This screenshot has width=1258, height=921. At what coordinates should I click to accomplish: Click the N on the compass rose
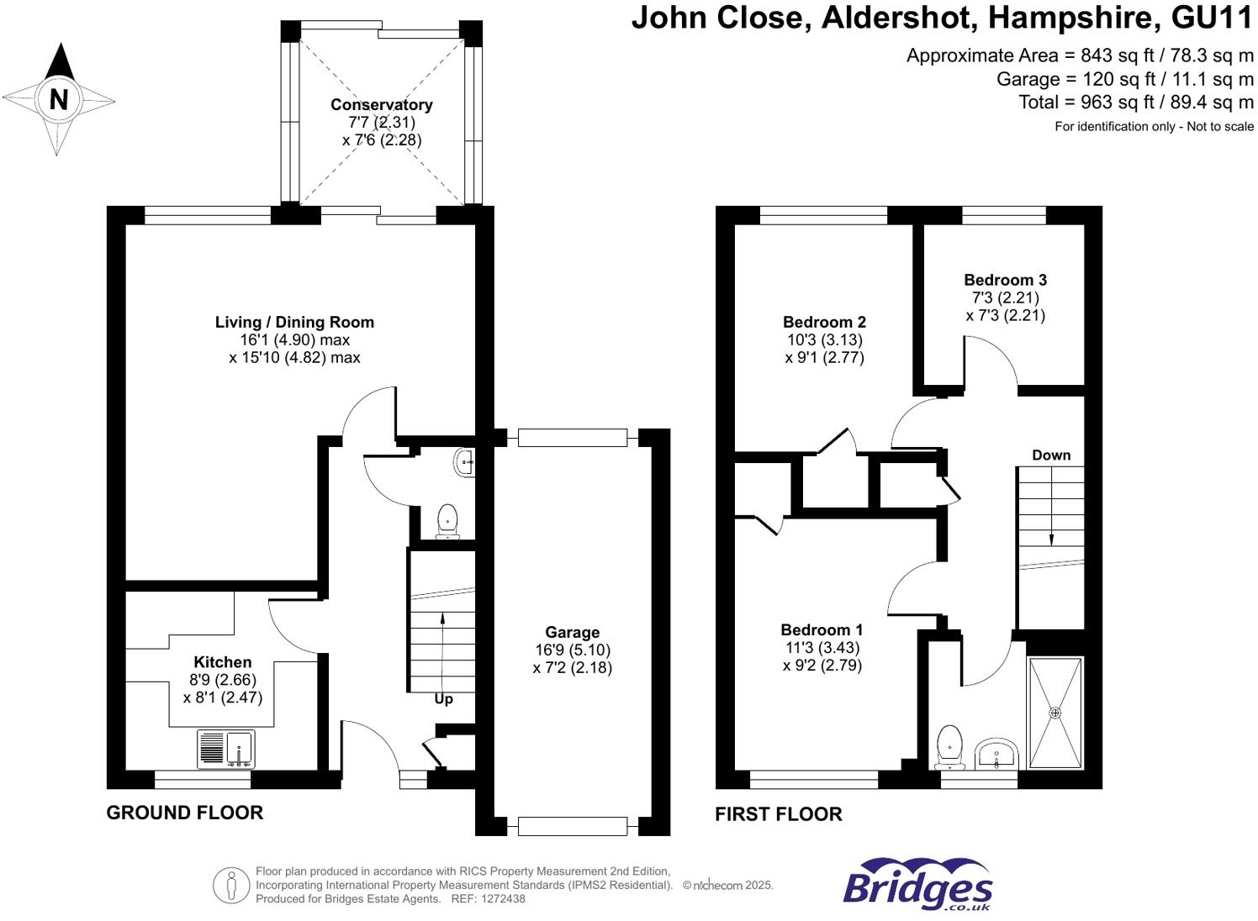[x=58, y=101]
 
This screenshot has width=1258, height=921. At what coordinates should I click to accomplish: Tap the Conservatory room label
[x=381, y=105]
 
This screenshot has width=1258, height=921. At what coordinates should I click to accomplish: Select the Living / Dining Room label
[x=294, y=322]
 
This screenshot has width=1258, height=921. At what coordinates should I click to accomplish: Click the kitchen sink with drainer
[x=225, y=750]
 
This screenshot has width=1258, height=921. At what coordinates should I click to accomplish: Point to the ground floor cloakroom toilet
[x=447, y=522]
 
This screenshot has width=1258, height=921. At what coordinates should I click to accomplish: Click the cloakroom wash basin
[x=465, y=463]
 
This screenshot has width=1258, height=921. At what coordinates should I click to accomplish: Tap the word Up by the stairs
[x=443, y=700]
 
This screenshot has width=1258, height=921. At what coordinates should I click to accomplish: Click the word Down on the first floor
[x=1051, y=455]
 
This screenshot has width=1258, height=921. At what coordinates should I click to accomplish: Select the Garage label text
[x=573, y=633]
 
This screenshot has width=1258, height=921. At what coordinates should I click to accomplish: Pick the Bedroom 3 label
[x=1005, y=280]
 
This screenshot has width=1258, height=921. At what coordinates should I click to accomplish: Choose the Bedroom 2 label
[x=824, y=322]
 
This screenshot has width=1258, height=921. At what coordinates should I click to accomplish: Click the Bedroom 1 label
[x=822, y=629]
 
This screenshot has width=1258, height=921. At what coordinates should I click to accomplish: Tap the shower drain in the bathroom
[x=1055, y=713]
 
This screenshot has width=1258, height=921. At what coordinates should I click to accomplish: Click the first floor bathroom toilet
[x=950, y=748]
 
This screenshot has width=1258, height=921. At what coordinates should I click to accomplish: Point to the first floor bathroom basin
[x=996, y=753]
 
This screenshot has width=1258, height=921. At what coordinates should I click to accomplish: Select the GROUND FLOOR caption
[x=185, y=813]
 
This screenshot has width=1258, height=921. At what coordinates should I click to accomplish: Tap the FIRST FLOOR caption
[x=779, y=813]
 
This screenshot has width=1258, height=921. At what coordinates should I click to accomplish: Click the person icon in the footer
[x=231, y=885]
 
